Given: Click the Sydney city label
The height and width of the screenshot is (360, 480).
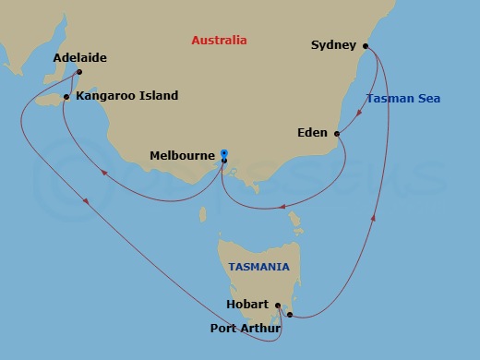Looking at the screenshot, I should pos(333,44).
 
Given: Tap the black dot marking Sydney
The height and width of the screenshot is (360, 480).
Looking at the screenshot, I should pos(367,44).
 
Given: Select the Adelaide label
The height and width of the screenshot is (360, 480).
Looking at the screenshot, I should pos(80,57).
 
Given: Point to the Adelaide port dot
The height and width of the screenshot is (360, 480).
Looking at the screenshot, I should pos(79,72).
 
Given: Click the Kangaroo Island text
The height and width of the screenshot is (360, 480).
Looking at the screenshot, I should pos(127,96).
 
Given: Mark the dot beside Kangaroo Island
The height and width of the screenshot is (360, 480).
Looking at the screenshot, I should pos(66,96).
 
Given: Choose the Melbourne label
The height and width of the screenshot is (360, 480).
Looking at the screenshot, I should pos(182,157).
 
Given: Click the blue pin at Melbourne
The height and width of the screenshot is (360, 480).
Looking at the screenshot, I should pos(223,155).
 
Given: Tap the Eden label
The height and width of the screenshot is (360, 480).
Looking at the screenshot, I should pos(312,134).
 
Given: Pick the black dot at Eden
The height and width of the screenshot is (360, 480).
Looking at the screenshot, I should pos(337,134).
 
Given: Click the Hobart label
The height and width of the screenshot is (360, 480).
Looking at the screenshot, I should pos(246,305).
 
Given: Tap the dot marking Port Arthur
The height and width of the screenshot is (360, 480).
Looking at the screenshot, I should pos(290,316).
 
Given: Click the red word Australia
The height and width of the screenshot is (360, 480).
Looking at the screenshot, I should pos(219,41).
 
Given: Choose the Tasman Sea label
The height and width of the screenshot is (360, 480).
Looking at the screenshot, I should pos(402,99).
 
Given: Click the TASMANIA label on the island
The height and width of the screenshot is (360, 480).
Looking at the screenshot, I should pos(258,267).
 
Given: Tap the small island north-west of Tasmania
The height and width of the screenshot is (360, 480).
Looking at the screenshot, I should pos(203,215).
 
